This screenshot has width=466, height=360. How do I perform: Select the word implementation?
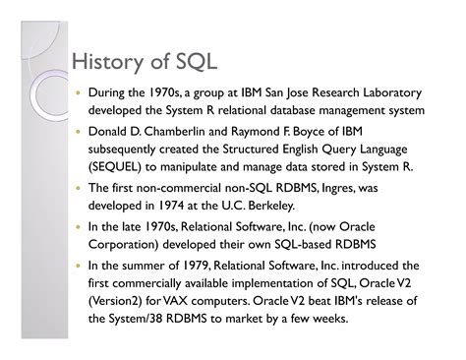coord(274,283)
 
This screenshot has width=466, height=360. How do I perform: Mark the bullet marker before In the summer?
coord(78,266)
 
